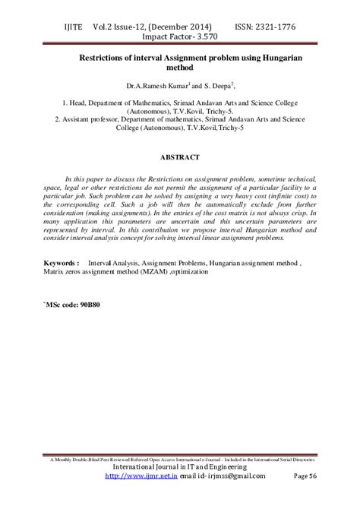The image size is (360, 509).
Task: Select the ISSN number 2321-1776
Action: coord(270,27)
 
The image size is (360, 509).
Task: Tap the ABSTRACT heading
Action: coord(179,157)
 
